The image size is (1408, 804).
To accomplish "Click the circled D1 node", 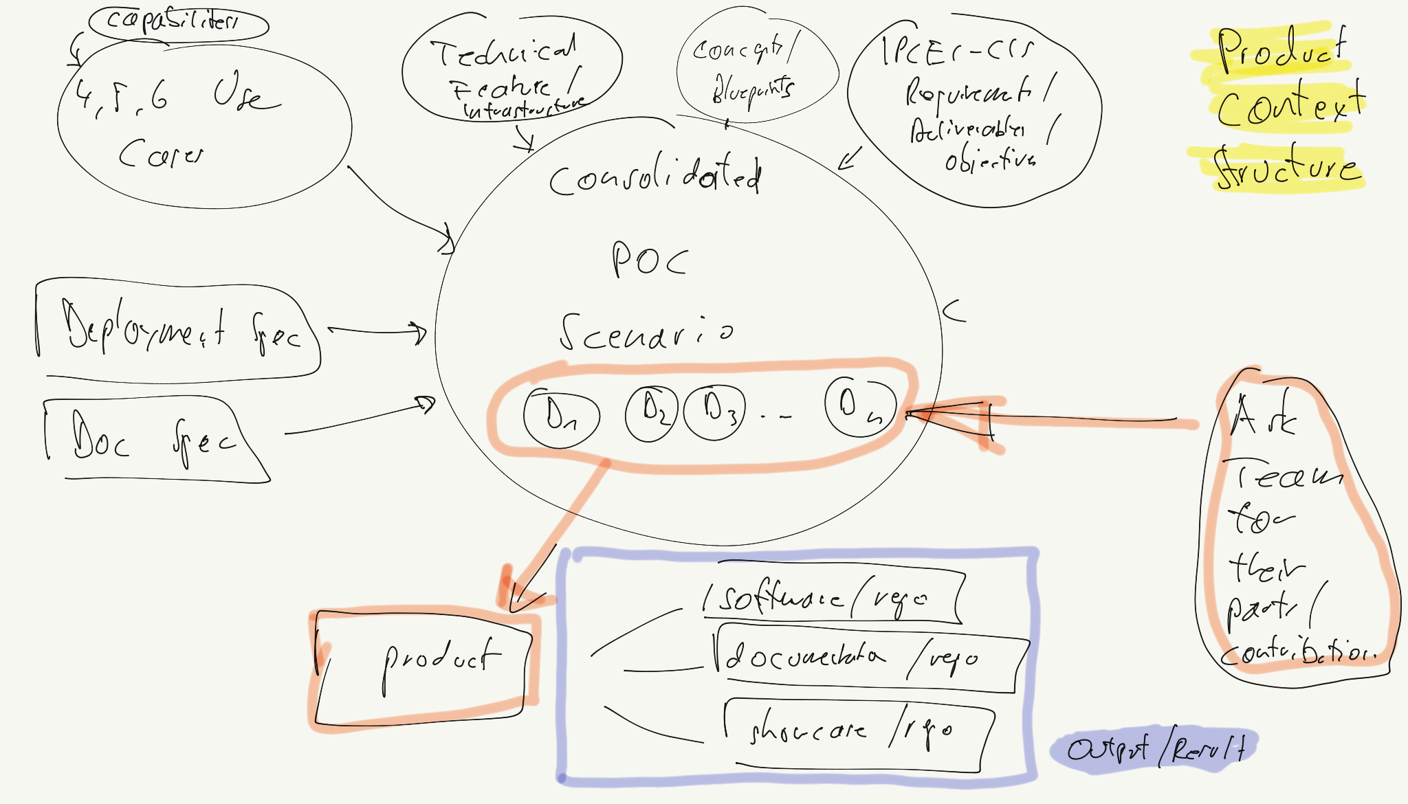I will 561,416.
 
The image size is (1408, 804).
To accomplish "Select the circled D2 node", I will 651,412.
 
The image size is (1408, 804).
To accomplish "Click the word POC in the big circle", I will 649,260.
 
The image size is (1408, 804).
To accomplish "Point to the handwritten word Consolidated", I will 655,176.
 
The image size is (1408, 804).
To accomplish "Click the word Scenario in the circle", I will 646,331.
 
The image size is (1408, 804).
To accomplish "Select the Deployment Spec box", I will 179,330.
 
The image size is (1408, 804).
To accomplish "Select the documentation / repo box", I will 870,658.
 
